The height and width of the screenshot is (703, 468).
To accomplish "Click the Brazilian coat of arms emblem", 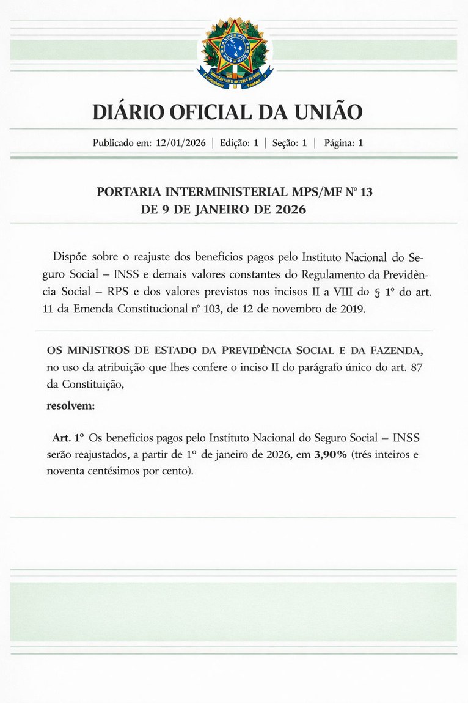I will click(x=234, y=51).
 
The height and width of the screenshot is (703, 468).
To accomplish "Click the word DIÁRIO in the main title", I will click(x=128, y=112).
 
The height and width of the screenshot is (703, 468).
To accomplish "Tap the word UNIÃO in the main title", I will click(x=329, y=112).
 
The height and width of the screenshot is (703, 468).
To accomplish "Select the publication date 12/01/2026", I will click(x=180, y=144).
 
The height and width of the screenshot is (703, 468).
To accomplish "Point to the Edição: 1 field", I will click(x=239, y=144).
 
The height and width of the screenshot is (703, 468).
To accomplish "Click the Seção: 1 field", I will click(x=289, y=144).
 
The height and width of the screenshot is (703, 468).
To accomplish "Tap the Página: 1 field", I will click(x=343, y=144).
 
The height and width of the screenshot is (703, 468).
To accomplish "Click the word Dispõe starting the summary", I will click(x=71, y=254).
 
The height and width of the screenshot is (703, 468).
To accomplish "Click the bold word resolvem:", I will click(x=71, y=405).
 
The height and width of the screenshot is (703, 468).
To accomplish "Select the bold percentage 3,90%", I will click(x=332, y=455).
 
